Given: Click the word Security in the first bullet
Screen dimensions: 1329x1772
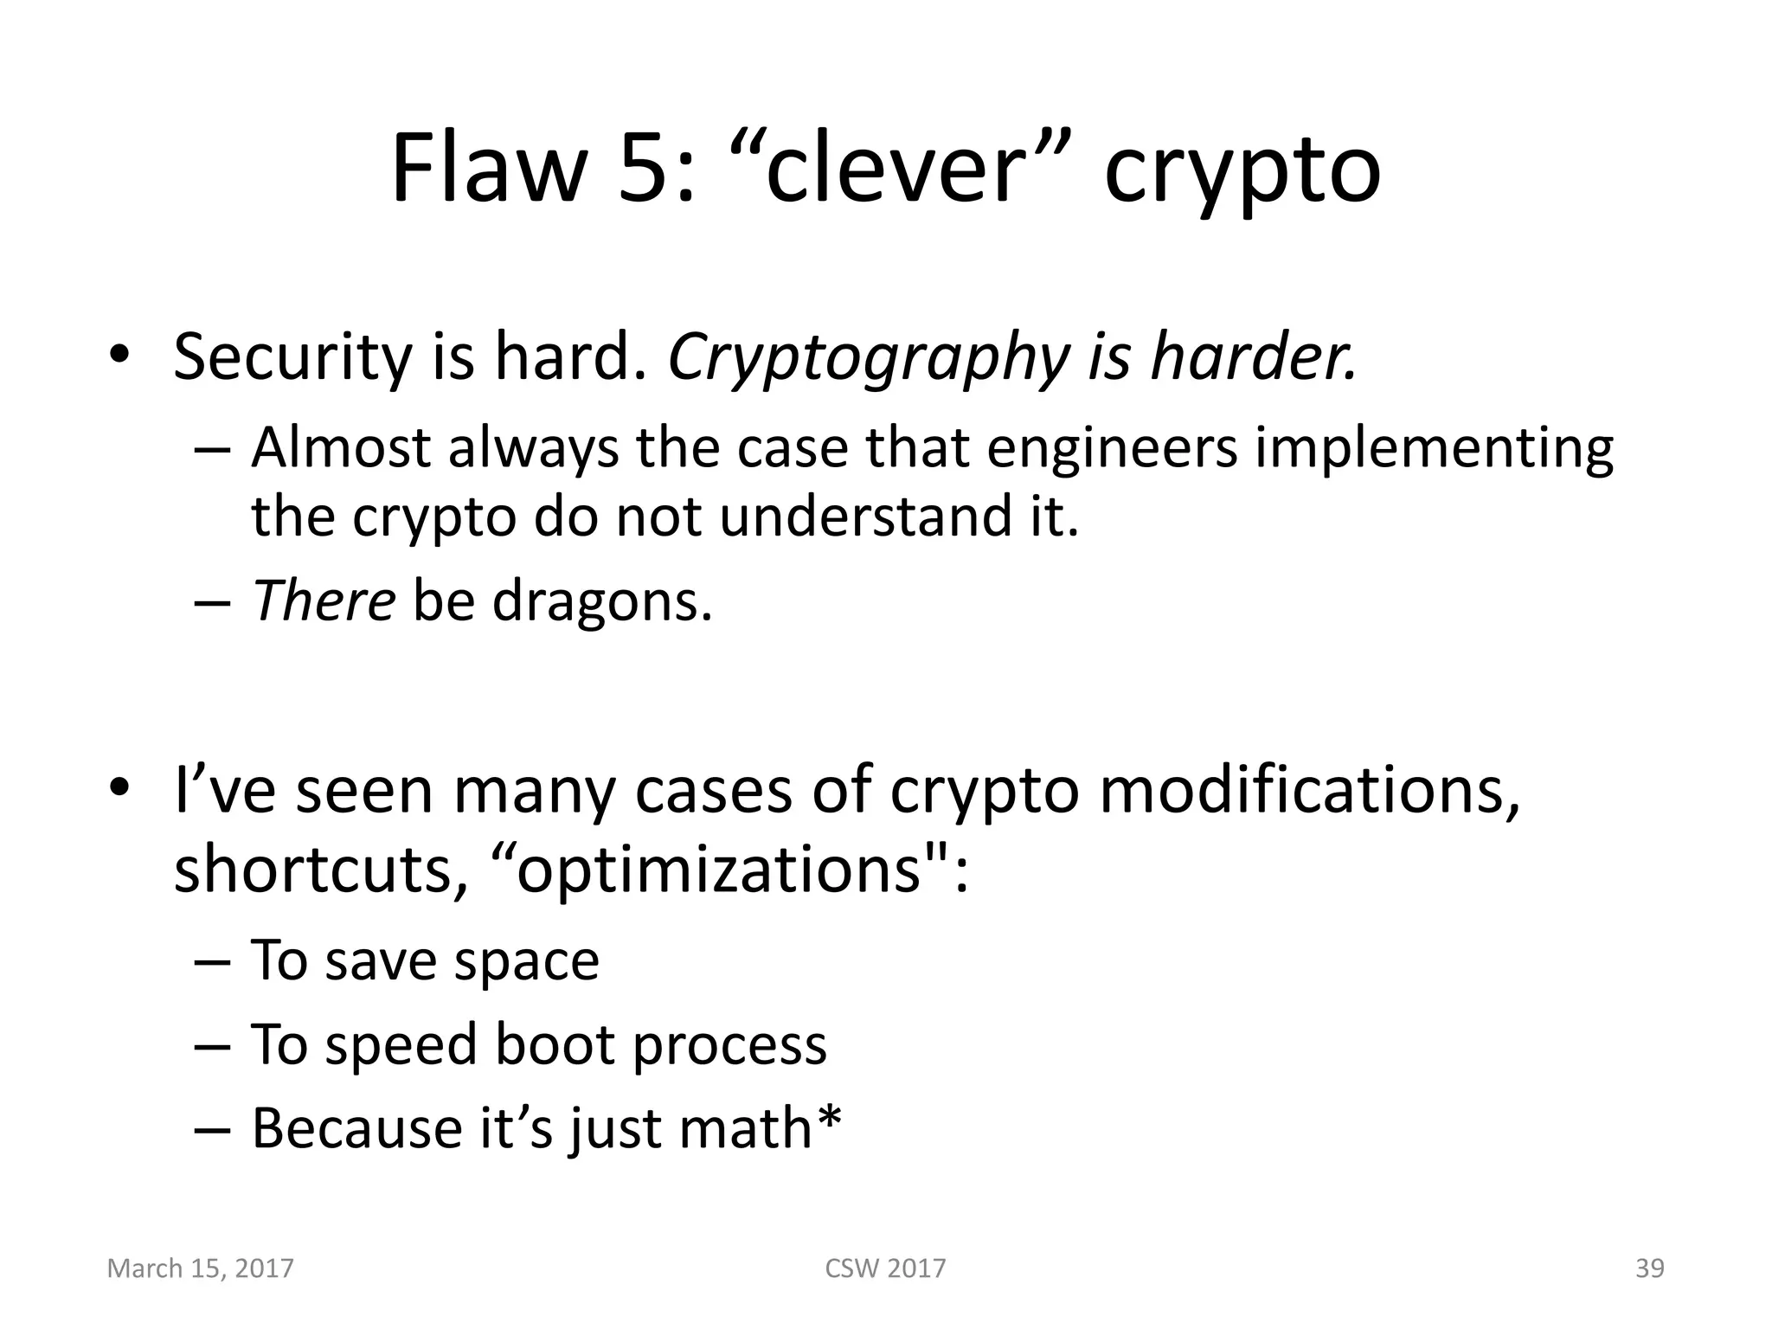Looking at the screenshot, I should click(292, 358).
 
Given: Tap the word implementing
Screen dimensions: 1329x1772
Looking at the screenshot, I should click(1434, 450).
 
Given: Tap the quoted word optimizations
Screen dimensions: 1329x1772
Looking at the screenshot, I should click(718, 870).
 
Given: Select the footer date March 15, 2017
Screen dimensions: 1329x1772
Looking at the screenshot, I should click(201, 1268).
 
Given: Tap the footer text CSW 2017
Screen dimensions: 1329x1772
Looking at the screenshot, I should click(885, 1268).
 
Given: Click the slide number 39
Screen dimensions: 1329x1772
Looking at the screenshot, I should click(1649, 1268).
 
